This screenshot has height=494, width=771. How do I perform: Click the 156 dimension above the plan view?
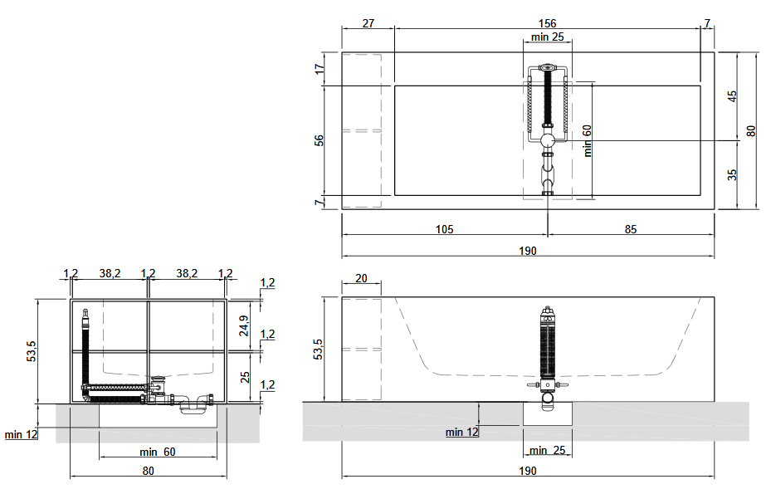(x=547, y=23)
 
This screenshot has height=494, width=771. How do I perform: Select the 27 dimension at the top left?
(x=368, y=23)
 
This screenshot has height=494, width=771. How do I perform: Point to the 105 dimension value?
(x=445, y=229)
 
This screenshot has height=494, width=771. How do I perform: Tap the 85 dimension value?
(x=631, y=229)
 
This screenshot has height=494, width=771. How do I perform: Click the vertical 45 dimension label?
(x=732, y=96)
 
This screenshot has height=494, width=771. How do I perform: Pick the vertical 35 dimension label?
(x=732, y=174)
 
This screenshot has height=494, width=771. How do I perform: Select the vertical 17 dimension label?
(x=320, y=69)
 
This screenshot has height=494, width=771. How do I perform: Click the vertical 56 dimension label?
(x=320, y=140)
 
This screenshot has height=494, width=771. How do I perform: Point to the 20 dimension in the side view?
(x=361, y=278)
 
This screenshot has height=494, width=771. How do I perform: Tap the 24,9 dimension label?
(x=244, y=325)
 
